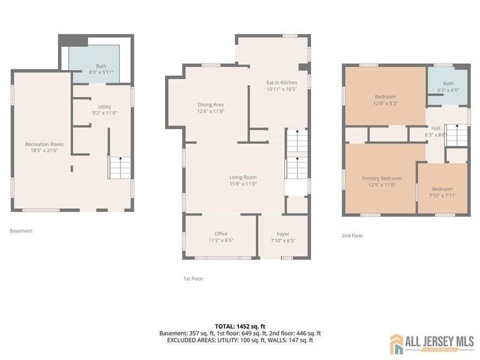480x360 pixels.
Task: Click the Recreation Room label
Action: [44, 144]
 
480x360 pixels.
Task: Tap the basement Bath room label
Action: [101, 66]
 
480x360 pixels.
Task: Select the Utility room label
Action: [104, 107]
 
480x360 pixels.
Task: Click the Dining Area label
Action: [211, 104]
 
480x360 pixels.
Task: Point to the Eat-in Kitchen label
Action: [282, 82]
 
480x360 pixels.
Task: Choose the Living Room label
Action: [243, 177]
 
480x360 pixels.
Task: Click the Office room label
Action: [221, 234]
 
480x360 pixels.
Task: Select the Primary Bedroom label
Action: [382, 178]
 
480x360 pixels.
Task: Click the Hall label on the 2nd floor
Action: [436, 128]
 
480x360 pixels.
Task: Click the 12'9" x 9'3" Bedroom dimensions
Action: [385, 104]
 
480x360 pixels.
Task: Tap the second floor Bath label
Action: [448, 83]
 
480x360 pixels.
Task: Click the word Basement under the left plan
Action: [21, 231]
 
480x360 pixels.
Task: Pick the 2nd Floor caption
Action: [352, 236]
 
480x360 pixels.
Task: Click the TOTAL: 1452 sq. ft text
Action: [240, 326]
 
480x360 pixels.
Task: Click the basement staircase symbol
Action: [117, 167]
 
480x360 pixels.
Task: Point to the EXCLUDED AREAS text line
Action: [240, 340]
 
